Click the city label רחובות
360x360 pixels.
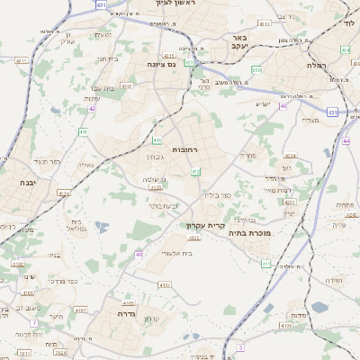coord(184,149)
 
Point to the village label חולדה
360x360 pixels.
coord(335,280)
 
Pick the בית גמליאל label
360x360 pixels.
coord(77,224)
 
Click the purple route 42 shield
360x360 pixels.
coord(92,109)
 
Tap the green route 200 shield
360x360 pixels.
coord(256,69)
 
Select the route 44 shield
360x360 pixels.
coord(346,141)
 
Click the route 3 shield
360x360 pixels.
coord(240,346)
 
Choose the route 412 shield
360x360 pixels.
coord(195,171)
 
